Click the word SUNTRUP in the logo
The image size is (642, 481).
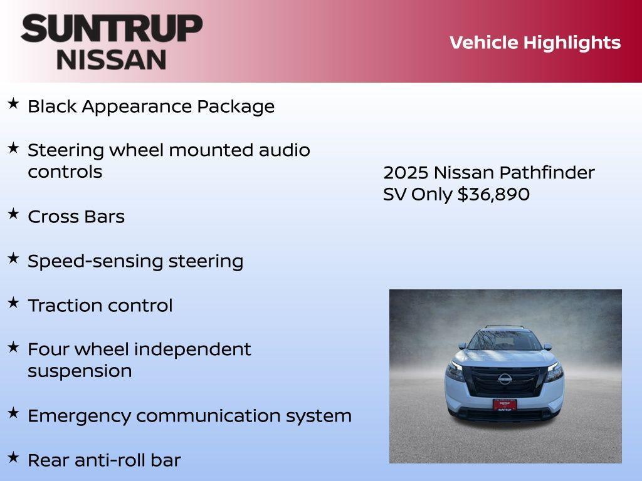(112, 28)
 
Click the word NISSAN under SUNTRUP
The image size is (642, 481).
(112, 59)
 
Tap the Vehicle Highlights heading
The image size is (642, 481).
(535, 43)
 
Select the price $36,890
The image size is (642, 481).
(493, 194)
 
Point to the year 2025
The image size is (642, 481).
(406, 173)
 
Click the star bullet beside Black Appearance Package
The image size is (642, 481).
(13, 104)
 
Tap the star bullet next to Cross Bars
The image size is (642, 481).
(13, 214)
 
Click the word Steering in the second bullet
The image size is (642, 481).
(66, 150)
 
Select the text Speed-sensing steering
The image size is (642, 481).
(135, 261)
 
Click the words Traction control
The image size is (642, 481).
(100, 306)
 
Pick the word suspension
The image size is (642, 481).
(80, 371)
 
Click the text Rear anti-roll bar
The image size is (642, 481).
(104, 460)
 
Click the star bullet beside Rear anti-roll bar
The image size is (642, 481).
(13, 458)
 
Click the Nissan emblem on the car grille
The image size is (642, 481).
(504, 378)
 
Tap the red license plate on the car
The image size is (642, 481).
(504, 404)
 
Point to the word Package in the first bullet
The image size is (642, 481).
(236, 106)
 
